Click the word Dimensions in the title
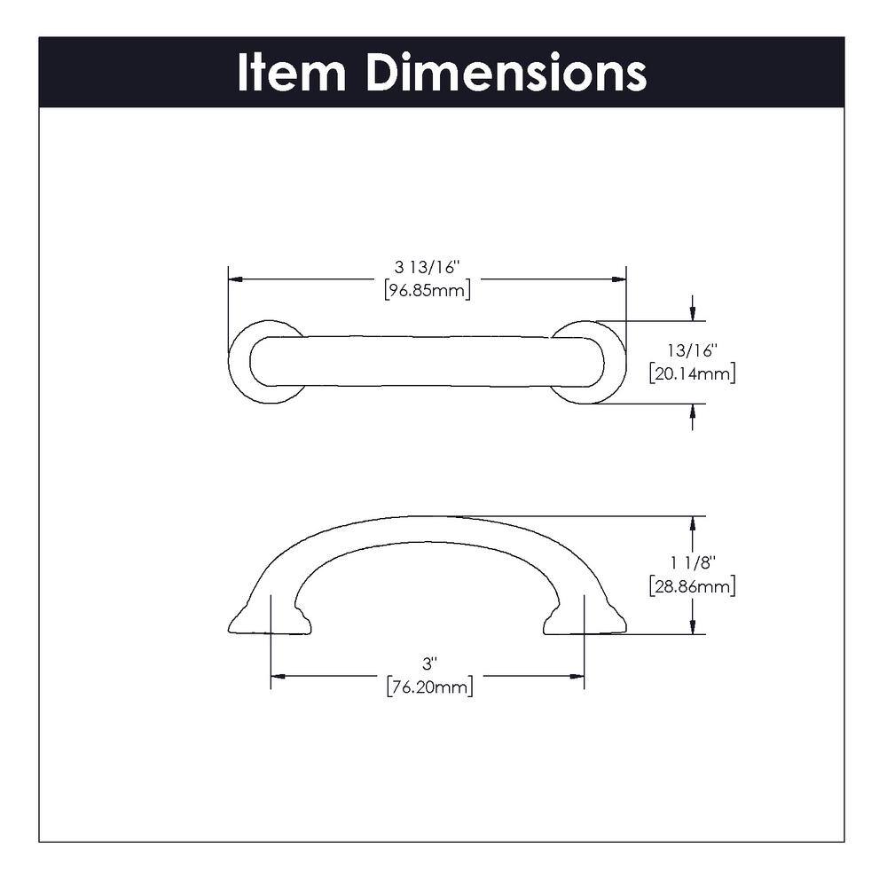[506, 73]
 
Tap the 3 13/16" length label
[427, 266]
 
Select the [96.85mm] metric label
[427, 289]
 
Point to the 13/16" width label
[692, 350]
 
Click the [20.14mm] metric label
[692, 373]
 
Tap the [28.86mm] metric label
[692, 585]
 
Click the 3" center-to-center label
[428, 663]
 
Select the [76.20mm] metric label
[428, 686]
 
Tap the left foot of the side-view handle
[266, 624]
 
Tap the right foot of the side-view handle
[587, 624]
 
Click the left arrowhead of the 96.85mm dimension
[235, 279]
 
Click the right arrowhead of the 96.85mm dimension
[620, 279]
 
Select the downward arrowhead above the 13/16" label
[692, 314]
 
